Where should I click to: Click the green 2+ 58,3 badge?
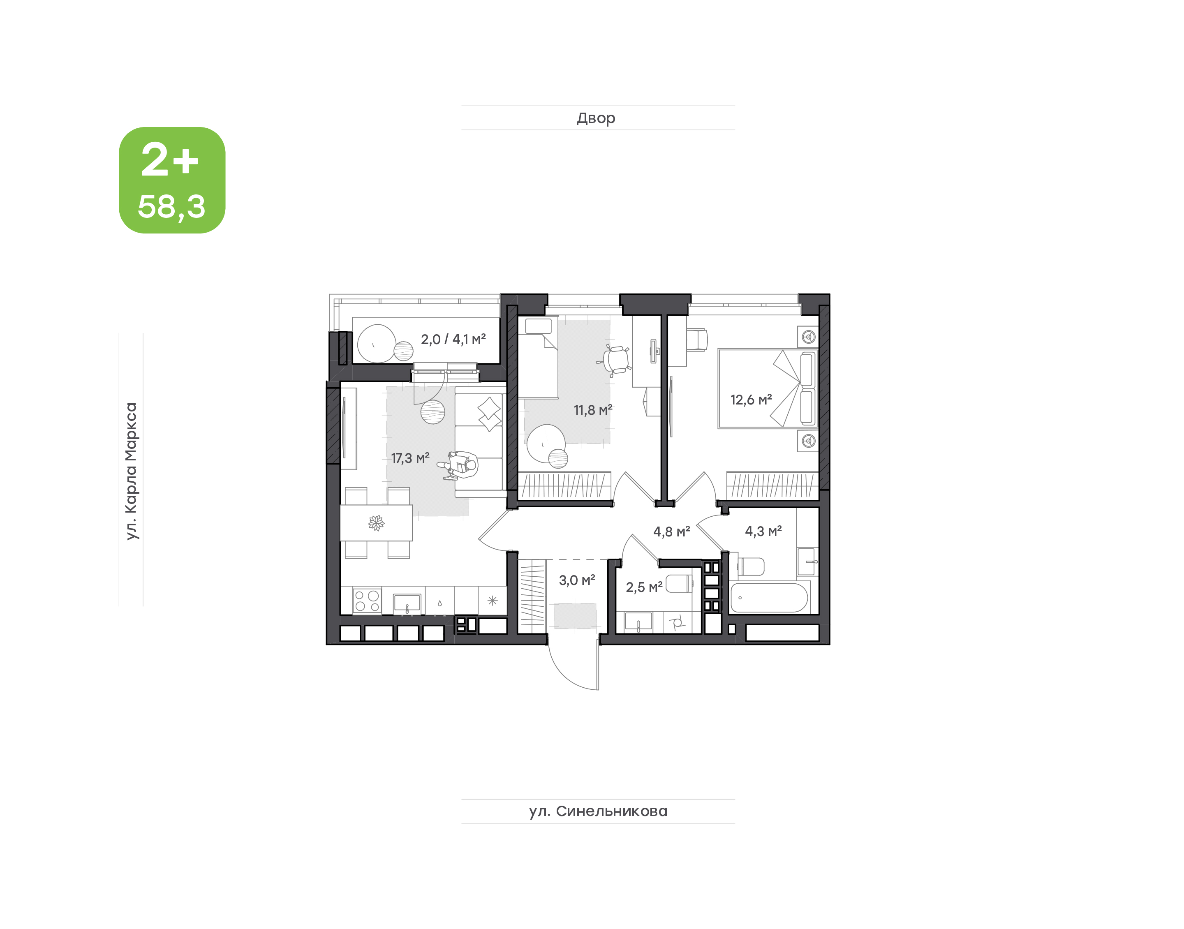172,180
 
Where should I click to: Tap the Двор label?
596,118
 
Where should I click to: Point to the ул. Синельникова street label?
598,811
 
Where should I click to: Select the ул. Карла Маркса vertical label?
131,471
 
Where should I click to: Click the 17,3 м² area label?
410,458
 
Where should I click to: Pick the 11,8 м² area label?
593,409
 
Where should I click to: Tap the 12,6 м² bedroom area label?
751,400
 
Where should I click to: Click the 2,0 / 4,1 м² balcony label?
453,340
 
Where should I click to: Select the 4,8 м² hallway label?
672,532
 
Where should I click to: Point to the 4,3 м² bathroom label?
763,531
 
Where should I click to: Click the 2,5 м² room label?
644,587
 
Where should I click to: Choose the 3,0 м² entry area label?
577,580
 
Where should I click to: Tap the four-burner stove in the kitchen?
367,601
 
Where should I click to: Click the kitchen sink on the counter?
407,603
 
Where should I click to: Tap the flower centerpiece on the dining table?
376,523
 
